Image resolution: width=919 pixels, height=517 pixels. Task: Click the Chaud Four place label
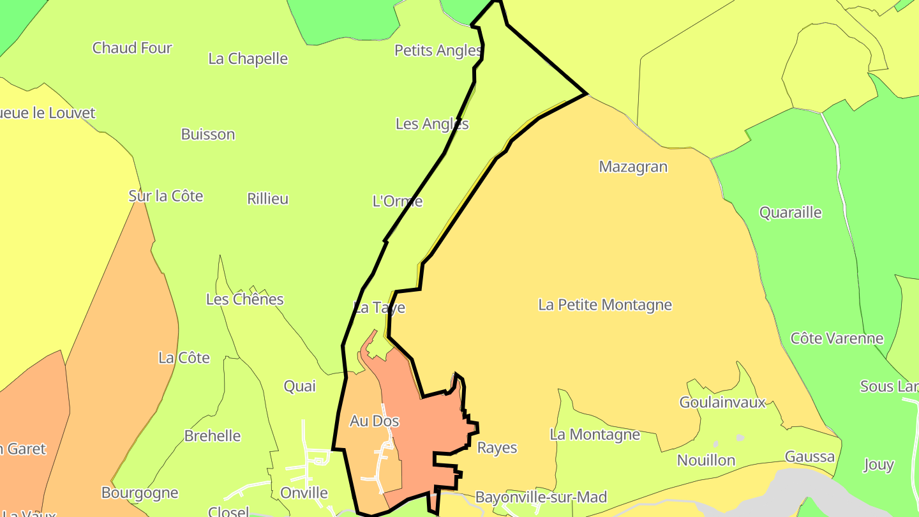click(x=132, y=48)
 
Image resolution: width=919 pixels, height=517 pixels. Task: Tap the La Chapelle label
click(x=248, y=59)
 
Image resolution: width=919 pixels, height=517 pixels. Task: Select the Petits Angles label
click(x=437, y=50)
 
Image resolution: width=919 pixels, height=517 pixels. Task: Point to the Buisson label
click(x=208, y=135)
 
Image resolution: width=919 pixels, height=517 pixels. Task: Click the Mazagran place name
click(x=633, y=167)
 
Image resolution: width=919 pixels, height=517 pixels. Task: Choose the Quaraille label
click(x=790, y=213)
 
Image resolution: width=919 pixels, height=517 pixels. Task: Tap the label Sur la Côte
click(x=166, y=196)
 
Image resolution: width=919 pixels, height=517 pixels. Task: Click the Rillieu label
click(x=267, y=199)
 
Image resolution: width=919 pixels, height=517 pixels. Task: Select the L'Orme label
click(x=397, y=202)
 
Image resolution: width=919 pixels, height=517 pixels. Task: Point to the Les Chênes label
click(x=244, y=299)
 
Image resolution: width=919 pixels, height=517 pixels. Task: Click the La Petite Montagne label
click(x=605, y=305)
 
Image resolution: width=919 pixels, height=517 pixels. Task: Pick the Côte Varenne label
click(x=837, y=338)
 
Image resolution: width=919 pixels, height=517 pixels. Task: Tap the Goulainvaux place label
click(x=722, y=403)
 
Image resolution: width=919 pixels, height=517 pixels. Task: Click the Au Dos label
click(x=375, y=421)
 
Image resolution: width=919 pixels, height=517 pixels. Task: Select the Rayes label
click(x=497, y=448)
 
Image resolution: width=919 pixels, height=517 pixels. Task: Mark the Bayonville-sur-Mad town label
click(x=541, y=497)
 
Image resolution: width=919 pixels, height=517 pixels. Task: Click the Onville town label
click(x=304, y=493)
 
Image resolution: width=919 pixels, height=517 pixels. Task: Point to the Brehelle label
click(x=213, y=437)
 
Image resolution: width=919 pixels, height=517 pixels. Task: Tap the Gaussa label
click(x=809, y=457)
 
